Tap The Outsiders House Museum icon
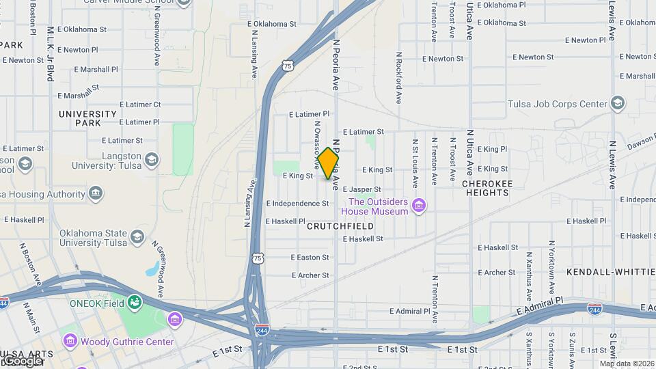(420, 206)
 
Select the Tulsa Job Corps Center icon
(618, 104)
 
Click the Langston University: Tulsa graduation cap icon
(151, 161)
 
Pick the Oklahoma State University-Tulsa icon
(137, 237)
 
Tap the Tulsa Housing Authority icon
(96, 194)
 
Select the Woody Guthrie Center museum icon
(69, 341)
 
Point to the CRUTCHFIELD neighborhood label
(340, 225)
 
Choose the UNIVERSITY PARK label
(88, 118)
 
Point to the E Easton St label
(310, 258)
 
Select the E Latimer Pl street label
(309, 114)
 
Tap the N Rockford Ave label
(398, 77)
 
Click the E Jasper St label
(361, 189)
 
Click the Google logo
(23, 360)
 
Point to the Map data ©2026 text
(626, 364)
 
